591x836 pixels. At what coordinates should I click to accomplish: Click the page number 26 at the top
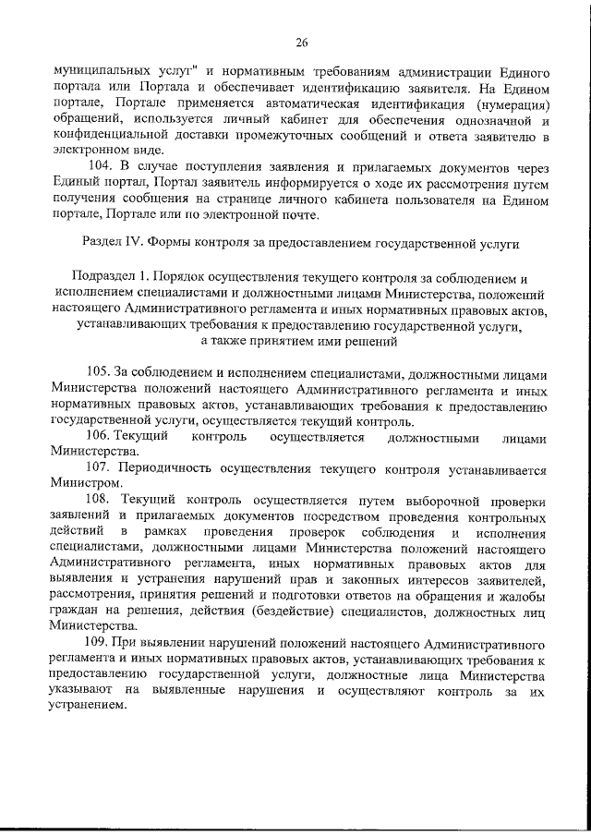pos(301,42)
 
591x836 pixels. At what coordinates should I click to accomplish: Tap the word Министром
pos(86,483)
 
